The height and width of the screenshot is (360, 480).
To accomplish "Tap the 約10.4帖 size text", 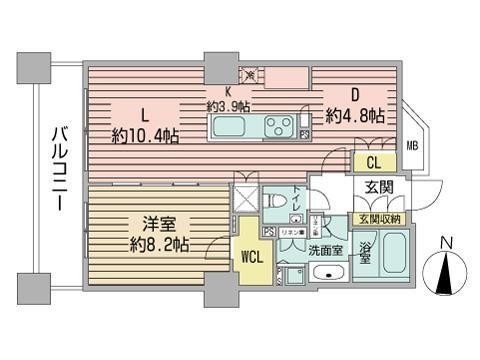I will click(146, 135).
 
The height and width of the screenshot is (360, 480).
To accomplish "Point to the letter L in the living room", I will click(145, 112).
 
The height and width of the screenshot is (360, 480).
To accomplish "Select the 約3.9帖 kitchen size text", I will click(228, 105).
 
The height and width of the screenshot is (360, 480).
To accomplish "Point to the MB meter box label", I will click(412, 146).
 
